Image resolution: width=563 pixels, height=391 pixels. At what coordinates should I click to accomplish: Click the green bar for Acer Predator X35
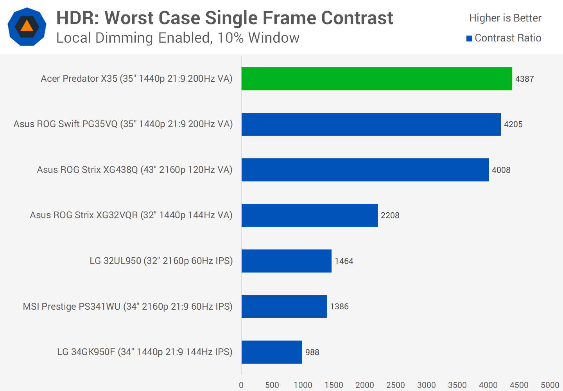point(377,79)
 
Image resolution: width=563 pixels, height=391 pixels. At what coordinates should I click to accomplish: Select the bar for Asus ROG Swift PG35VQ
point(371,124)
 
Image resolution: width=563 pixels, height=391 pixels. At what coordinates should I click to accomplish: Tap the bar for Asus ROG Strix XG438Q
point(365,170)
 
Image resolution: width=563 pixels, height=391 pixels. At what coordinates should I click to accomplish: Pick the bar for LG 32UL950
point(286,261)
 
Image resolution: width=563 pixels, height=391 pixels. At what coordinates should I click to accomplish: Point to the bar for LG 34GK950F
point(272,352)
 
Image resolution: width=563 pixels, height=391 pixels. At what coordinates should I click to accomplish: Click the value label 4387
point(524,79)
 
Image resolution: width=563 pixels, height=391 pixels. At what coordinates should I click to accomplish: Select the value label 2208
point(390,215)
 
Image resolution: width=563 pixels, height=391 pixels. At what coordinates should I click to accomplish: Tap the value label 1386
point(339,307)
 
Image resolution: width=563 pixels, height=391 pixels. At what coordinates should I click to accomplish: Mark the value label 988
point(312,352)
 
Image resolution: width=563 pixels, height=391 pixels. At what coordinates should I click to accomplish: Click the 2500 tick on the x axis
point(395,385)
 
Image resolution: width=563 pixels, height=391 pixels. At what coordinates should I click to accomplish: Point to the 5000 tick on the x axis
point(550,385)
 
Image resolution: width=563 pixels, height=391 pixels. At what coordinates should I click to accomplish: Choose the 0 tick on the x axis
point(241,385)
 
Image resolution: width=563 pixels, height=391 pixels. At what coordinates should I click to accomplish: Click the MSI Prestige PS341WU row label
point(127,307)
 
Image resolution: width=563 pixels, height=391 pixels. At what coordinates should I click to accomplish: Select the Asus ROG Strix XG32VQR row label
point(131,215)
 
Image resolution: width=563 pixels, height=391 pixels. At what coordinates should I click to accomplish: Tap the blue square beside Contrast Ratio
point(469,38)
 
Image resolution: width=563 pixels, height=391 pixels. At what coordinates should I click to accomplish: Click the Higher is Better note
point(505,18)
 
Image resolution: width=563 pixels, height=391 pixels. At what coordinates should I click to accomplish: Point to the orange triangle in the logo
point(27,26)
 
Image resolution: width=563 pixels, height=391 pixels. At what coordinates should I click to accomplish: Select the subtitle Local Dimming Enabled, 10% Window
point(178,38)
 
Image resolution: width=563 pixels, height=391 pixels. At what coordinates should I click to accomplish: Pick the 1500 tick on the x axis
point(333,385)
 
